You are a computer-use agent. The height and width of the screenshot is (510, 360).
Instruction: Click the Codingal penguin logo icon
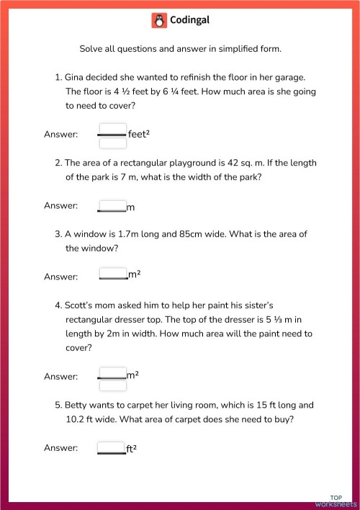pyautogui.click(x=159, y=21)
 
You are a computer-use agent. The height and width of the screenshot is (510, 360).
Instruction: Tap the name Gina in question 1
pyautogui.click(x=76, y=76)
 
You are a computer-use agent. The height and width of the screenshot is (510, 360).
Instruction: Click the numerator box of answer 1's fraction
pyautogui.click(x=112, y=129)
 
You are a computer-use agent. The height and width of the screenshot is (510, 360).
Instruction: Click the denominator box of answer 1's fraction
pyautogui.click(x=112, y=142)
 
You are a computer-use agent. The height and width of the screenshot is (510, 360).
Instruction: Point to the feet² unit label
pyautogui.click(x=138, y=135)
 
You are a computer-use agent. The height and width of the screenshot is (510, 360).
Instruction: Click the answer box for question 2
pyautogui.click(x=112, y=205)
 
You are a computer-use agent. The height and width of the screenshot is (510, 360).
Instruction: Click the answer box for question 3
pyautogui.click(x=112, y=274)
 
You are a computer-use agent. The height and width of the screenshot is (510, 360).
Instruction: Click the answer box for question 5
pyautogui.click(x=112, y=447)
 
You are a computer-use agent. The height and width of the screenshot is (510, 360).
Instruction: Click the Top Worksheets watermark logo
pyautogui.click(x=336, y=501)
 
